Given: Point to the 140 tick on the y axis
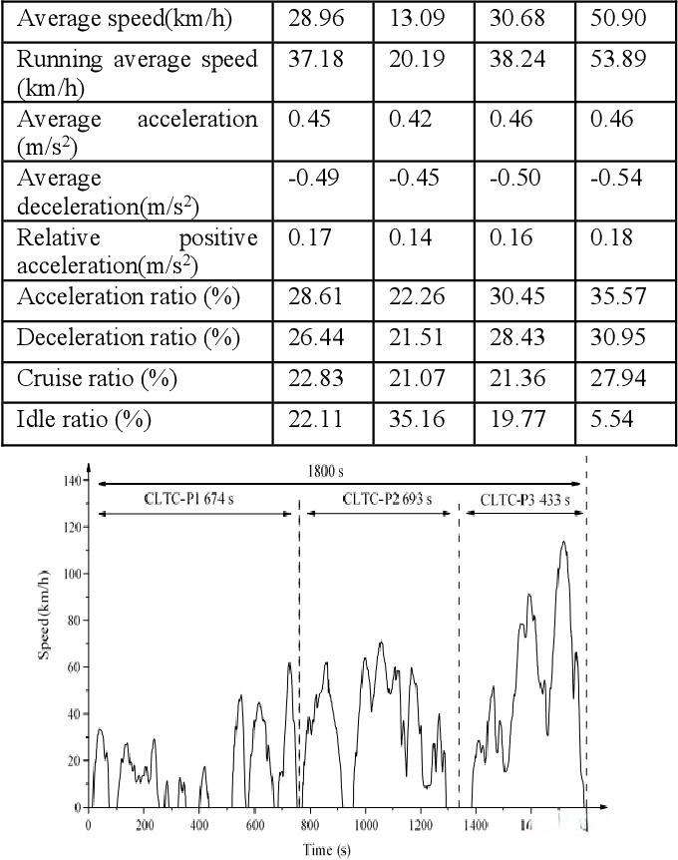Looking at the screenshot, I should tap(69, 481).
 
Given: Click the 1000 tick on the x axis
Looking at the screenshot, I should tap(365, 824).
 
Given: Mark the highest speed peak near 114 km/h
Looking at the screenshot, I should tap(563, 542).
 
